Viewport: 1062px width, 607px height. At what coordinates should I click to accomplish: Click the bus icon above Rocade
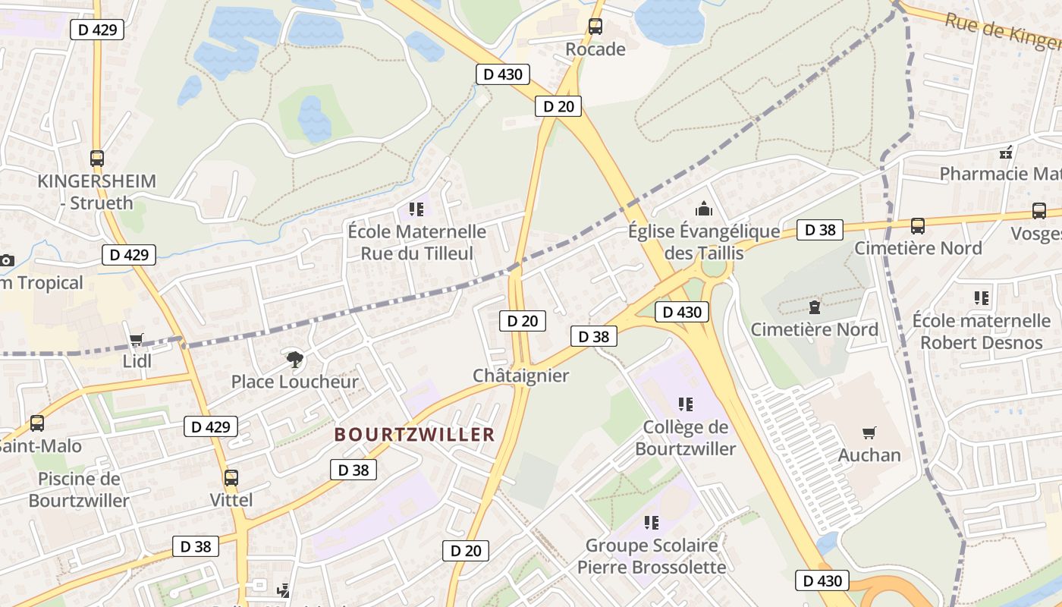pyautogui.click(x=595, y=27)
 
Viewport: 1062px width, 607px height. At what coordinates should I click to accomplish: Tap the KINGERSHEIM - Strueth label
pyautogui.click(x=96, y=192)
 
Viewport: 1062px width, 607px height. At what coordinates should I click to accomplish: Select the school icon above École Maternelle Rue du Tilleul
pyautogui.click(x=416, y=208)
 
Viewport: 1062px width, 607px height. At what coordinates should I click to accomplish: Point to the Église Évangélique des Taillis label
pyautogui.click(x=703, y=241)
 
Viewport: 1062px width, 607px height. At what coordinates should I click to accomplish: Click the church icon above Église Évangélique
pyautogui.click(x=704, y=208)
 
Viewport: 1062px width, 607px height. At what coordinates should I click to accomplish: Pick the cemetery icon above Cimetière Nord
pyautogui.click(x=815, y=307)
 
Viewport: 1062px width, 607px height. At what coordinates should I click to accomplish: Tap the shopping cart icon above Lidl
pyautogui.click(x=137, y=339)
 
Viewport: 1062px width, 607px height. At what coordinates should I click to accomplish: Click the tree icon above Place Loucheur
pyautogui.click(x=294, y=358)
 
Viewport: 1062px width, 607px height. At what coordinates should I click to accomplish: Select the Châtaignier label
pyautogui.click(x=520, y=376)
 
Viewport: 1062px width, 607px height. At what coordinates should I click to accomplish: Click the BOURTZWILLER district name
pyautogui.click(x=414, y=435)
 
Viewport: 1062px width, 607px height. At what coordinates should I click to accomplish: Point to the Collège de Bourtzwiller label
pyautogui.click(x=686, y=438)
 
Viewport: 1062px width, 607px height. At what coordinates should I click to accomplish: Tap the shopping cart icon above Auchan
pyautogui.click(x=869, y=432)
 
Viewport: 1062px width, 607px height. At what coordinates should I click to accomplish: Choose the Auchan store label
pyautogui.click(x=869, y=455)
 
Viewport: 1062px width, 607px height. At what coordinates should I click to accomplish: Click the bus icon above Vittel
pyautogui.click(x=231, y=478)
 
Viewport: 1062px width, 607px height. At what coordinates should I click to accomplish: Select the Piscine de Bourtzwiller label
pyautogui.click(x=79, y=489)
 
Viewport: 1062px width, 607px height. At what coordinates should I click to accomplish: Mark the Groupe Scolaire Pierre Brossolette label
pyautogui.click(x=652, y=556)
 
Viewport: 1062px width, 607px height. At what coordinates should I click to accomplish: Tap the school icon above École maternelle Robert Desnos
pyautogui.click(x=982, y=298)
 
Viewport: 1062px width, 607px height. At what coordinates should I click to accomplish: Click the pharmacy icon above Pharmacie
pyautogui.click(x=1006, y=153)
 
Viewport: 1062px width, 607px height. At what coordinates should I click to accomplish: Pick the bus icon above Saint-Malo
pyautogui.click(x=36, y=423)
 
